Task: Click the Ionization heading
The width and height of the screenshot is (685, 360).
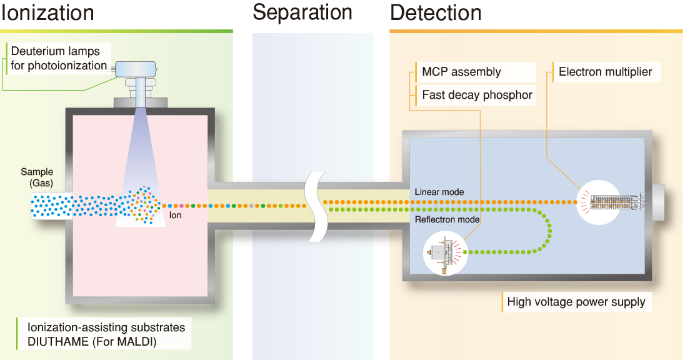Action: pos(47,12)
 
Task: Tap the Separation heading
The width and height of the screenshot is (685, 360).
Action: pos(303,12)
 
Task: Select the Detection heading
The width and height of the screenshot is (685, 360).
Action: pos(436,12)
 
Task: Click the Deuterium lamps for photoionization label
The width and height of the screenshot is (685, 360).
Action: pos(59,58)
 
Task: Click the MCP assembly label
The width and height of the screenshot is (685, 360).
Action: pos(461,72)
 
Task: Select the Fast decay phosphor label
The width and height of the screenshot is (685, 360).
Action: pos(477,95)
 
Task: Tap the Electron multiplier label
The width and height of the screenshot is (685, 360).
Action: pos(605,72)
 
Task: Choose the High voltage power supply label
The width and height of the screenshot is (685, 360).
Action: pos(576,302)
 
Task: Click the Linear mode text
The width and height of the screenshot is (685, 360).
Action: pos(439,192)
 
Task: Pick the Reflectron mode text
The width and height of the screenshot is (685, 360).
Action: pos(447,219)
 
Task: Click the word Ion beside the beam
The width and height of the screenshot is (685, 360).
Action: pos(176,215)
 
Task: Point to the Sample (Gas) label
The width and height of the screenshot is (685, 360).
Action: pos(37,177)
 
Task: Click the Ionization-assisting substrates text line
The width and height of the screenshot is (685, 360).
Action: pos(106,327)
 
